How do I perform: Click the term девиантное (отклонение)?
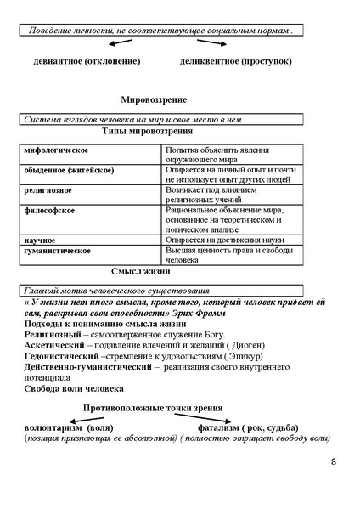(x=87, y=62)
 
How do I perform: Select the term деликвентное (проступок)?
(x=236, y=62)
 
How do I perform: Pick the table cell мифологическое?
(x=57, y=150)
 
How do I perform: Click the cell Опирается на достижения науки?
(x=223, y=240)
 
